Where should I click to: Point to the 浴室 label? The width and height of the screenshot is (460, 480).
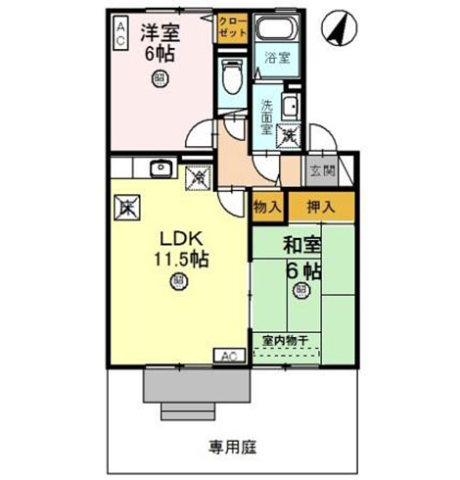coord(278,58)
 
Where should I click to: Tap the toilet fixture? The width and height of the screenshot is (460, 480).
coord(232,75)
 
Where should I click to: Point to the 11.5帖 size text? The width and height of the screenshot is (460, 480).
coord(178,260)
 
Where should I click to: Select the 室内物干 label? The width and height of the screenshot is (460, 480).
coord(286,340)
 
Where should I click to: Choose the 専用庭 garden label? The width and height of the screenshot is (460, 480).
coord(232,447)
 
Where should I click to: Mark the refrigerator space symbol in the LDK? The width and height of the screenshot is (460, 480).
coord(128,207)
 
